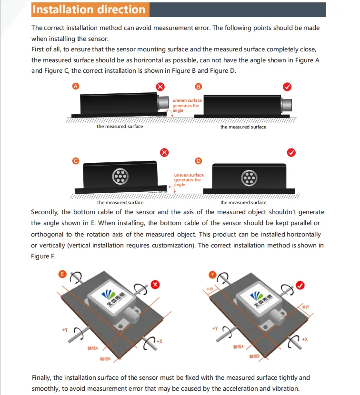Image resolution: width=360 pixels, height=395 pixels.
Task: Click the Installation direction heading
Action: click(89, 10)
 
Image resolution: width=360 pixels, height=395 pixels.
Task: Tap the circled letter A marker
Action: click(75, 86)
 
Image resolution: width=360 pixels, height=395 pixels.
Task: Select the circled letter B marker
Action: click(199, 86)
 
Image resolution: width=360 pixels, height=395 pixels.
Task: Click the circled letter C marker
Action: click(75, 161)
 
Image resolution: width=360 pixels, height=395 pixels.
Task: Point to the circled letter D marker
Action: click(199, 161)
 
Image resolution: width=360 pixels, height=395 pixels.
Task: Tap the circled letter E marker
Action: click(62, 274)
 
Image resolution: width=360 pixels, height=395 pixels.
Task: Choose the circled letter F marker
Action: click(212, 274)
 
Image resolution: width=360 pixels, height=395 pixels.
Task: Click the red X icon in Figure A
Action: click(161, 87)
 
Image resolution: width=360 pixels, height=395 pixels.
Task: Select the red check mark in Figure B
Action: click(287, 87)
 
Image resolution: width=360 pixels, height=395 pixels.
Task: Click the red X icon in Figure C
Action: click(164, 152)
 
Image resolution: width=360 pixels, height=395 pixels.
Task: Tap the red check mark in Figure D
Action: click(291, 152)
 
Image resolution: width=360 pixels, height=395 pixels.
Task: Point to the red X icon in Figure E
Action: click(155, 284)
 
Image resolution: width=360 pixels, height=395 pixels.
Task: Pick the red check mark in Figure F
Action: click(300, 285)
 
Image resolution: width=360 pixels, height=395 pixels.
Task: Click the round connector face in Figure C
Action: click(120, 177)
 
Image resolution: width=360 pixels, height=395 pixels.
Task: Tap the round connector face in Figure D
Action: click(249, 177)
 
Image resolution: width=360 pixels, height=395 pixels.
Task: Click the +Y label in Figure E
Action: click(65, 329)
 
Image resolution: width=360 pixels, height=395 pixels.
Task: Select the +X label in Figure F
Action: click(305, 339)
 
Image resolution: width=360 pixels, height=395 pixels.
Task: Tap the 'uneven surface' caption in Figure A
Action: click(187, 100)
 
